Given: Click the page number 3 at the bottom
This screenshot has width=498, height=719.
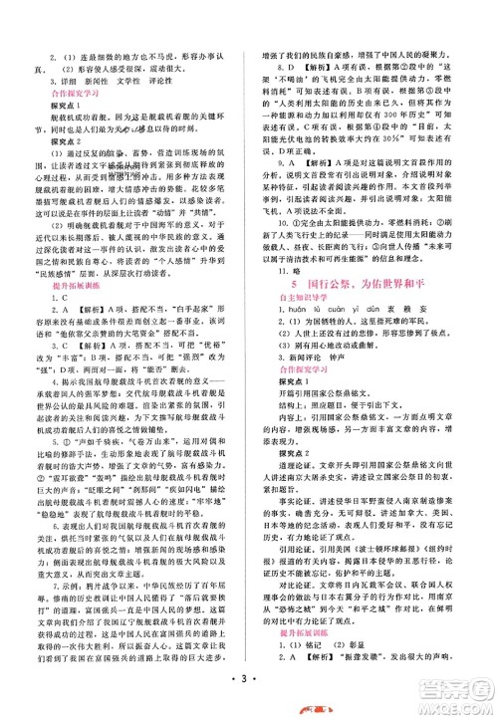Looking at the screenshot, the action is pyautogui.click(x=247, y=686).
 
